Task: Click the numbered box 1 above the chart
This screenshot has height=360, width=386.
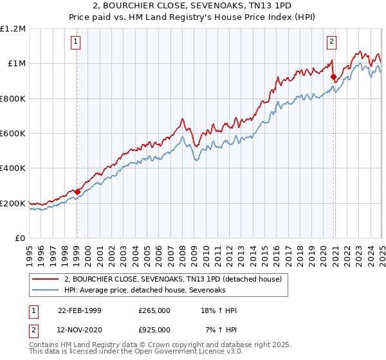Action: [75, 42]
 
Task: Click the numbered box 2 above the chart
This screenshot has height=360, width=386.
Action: [332, 42]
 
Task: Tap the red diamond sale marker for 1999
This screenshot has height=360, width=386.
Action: [77, 192]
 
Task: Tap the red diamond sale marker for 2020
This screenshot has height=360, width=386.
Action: [333, 77]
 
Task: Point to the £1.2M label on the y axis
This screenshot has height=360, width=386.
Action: [13, 29]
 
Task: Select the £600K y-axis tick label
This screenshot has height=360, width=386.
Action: [13, 134]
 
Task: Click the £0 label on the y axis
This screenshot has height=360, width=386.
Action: [19, 239]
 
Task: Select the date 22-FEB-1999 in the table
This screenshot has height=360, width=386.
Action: [80, 310]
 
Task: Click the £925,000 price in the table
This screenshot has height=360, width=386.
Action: [154, 330]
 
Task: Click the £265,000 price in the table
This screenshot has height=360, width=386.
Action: [154, 310]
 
